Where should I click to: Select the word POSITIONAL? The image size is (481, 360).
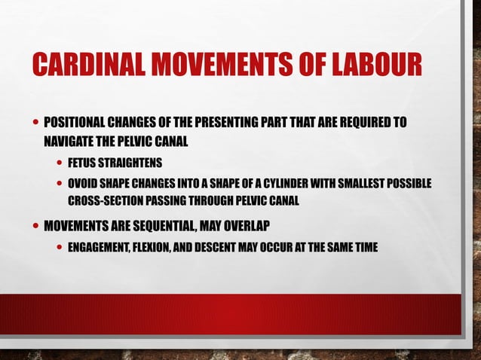[75, 122]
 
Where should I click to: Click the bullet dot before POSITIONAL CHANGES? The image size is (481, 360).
[36, 122]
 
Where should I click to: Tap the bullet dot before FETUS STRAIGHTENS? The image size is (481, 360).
[59, 163]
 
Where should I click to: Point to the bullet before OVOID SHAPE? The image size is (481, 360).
[59, 185]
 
